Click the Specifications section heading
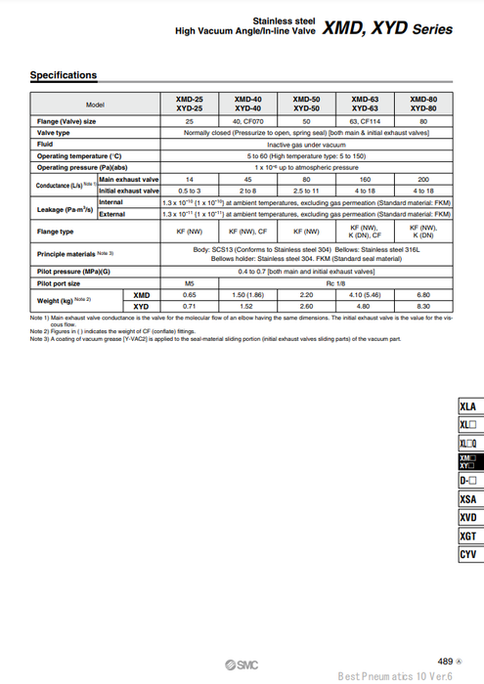(64, 75)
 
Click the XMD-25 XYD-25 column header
(190, 104)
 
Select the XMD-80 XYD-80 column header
(422, 104)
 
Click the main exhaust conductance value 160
(365, 179)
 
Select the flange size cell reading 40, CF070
(247, 121)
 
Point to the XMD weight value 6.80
(422, 293)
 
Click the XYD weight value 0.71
(190, 305)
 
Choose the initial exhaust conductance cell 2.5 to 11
(306, 191)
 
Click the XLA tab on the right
(468, 406)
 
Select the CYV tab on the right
(468, 554)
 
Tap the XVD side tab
(468, 518)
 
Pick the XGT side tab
(468, 536)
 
